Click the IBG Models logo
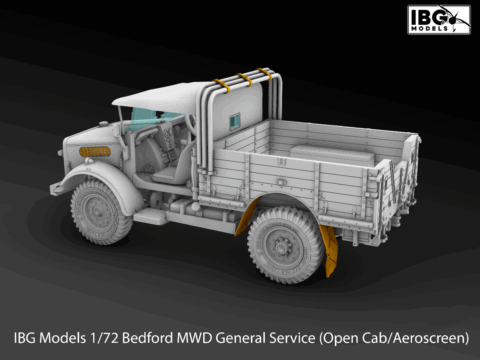439,19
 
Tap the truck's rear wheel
286,245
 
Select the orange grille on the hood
95,152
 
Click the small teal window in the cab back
235,121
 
